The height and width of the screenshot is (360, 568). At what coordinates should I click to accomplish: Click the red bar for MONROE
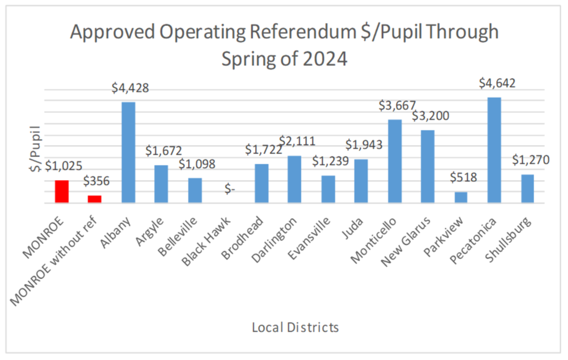tap(62, 192)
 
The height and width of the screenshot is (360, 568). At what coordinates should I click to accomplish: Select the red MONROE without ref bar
tap(94, 200)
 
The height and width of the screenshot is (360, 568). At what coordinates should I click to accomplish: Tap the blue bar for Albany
tap(128, 153)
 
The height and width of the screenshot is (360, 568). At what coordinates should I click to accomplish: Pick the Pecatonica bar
tap(494, 150)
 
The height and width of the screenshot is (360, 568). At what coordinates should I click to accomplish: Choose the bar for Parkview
tap(461, 198)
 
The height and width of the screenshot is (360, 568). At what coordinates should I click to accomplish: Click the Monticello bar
tap(394, 162)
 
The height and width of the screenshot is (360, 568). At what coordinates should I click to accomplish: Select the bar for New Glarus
tap(428, 167)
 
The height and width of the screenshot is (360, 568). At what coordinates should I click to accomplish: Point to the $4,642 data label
tap(494, 84)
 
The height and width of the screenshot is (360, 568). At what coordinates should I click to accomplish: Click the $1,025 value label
tap(63, 166)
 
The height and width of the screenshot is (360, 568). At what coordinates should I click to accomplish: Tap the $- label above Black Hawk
tap(230, 189)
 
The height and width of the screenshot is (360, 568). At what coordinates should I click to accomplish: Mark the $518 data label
tap(462, 178)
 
